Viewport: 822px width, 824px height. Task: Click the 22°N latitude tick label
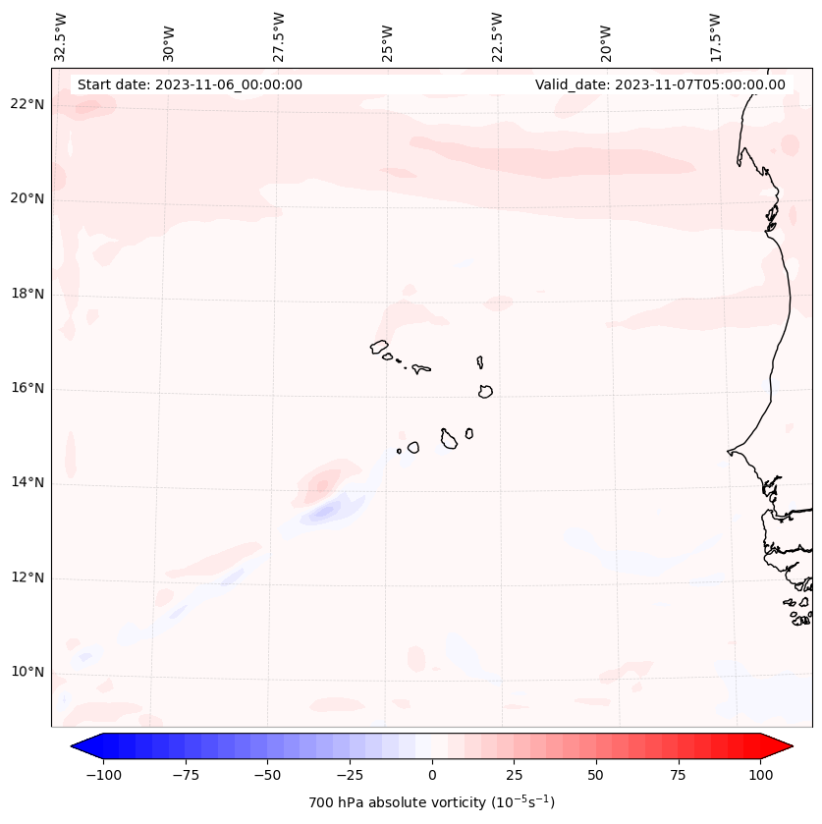pos(27,104)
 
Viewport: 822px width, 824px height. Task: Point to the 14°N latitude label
pos(27,482)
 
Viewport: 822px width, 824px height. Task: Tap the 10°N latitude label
pos(27,672)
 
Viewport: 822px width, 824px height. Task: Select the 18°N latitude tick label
pos(27,294)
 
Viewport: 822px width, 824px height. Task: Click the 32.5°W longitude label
pos(61,36)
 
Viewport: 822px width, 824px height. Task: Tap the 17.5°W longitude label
pos(715,36)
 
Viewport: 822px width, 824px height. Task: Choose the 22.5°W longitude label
pos(497,36)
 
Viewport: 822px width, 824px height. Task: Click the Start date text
pos(190,84)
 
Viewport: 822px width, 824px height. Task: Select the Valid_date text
pos(660,84)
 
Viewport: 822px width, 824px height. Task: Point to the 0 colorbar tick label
pos(432,775)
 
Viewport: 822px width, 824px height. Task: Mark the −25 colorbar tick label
pos(350,775)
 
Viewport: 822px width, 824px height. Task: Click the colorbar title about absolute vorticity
pos(432,802)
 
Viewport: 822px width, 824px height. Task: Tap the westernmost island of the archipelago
pos(379,346)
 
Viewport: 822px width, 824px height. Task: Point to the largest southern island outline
pos(449,439)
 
